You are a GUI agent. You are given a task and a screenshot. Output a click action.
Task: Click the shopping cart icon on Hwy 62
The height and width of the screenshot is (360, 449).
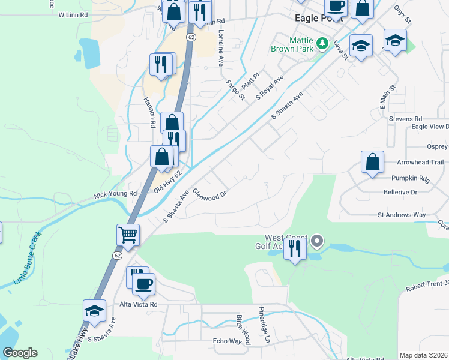point(129,235)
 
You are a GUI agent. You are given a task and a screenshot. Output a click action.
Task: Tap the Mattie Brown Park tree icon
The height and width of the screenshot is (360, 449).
point(323,43)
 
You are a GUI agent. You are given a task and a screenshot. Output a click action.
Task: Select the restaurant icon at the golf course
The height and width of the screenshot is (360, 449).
point(294,248)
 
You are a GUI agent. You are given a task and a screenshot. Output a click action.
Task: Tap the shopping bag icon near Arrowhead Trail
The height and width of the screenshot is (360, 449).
point(373,161)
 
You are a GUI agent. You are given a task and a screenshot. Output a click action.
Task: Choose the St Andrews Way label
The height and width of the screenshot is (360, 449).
point(402,214)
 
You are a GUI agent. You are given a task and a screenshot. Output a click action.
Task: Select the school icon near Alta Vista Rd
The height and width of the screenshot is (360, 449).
point(95,311)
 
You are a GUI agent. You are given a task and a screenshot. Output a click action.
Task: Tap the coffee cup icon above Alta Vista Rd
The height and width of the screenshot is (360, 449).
point(143,284)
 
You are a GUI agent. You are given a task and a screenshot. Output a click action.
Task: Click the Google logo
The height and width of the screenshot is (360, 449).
point(20,353)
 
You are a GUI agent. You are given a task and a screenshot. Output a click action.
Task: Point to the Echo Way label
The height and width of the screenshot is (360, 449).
point(227,341)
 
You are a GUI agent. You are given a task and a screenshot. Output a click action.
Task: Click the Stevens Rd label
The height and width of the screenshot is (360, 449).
point(406,119)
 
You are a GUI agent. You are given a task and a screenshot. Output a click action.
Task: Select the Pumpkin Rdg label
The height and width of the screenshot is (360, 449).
point(411,179)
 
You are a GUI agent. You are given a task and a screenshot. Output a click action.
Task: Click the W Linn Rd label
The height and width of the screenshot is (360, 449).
point(73,14)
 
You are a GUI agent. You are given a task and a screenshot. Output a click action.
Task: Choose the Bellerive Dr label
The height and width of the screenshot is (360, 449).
point(400,192)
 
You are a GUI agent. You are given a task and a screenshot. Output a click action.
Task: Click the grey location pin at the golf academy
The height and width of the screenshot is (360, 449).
point(318,241)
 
